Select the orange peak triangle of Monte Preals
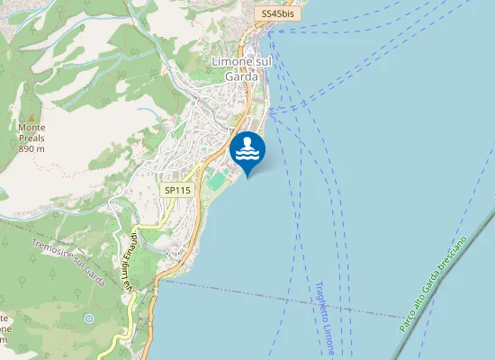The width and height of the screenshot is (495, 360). [x=31, y=117]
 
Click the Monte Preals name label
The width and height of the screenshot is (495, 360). [x=31, y=133]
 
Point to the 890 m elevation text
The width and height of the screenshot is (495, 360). [x=31, y=148]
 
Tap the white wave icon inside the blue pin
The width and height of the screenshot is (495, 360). [x=247, y=148]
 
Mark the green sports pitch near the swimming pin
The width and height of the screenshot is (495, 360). [x=217, y=181]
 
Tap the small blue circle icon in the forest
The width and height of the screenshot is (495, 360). [x=88, y=319]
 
